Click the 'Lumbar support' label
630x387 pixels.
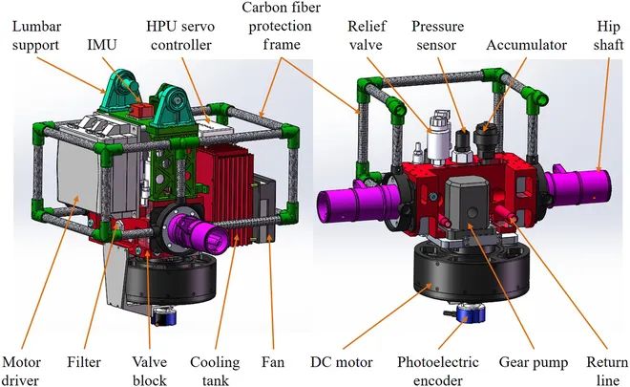coord(36,35)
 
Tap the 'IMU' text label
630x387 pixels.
coord(102,44)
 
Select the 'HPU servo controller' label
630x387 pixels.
coord(180,35)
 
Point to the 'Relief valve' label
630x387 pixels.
coord(366,35)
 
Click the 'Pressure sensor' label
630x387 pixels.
coord(437,35)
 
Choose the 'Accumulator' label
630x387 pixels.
coord(526,45)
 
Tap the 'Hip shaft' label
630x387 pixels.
coord(609,35)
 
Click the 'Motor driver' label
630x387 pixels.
coord(21,371)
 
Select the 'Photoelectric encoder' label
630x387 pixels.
coord(437,371)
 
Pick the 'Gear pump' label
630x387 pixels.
coord(534,363)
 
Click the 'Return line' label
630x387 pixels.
coord(607,371)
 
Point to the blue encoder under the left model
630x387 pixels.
coord(166,316)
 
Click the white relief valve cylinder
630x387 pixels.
coord(435,141)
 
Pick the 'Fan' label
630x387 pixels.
coord(273,362)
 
